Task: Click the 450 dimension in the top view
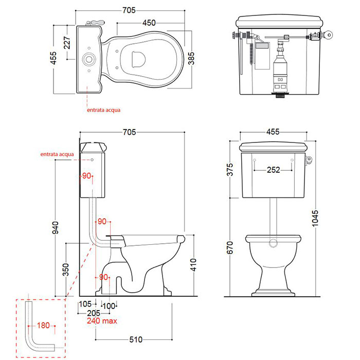(149, 23)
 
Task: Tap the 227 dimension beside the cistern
(67, 43)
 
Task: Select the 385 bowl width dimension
(191, 59)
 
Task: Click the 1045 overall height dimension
(315, 218)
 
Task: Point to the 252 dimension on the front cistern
(273, 170)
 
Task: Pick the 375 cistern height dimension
(229, 169)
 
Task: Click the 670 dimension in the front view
(229, 247)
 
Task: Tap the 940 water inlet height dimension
(56, 227)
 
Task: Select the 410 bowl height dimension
(193, 265)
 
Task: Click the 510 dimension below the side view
(136, 339)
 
